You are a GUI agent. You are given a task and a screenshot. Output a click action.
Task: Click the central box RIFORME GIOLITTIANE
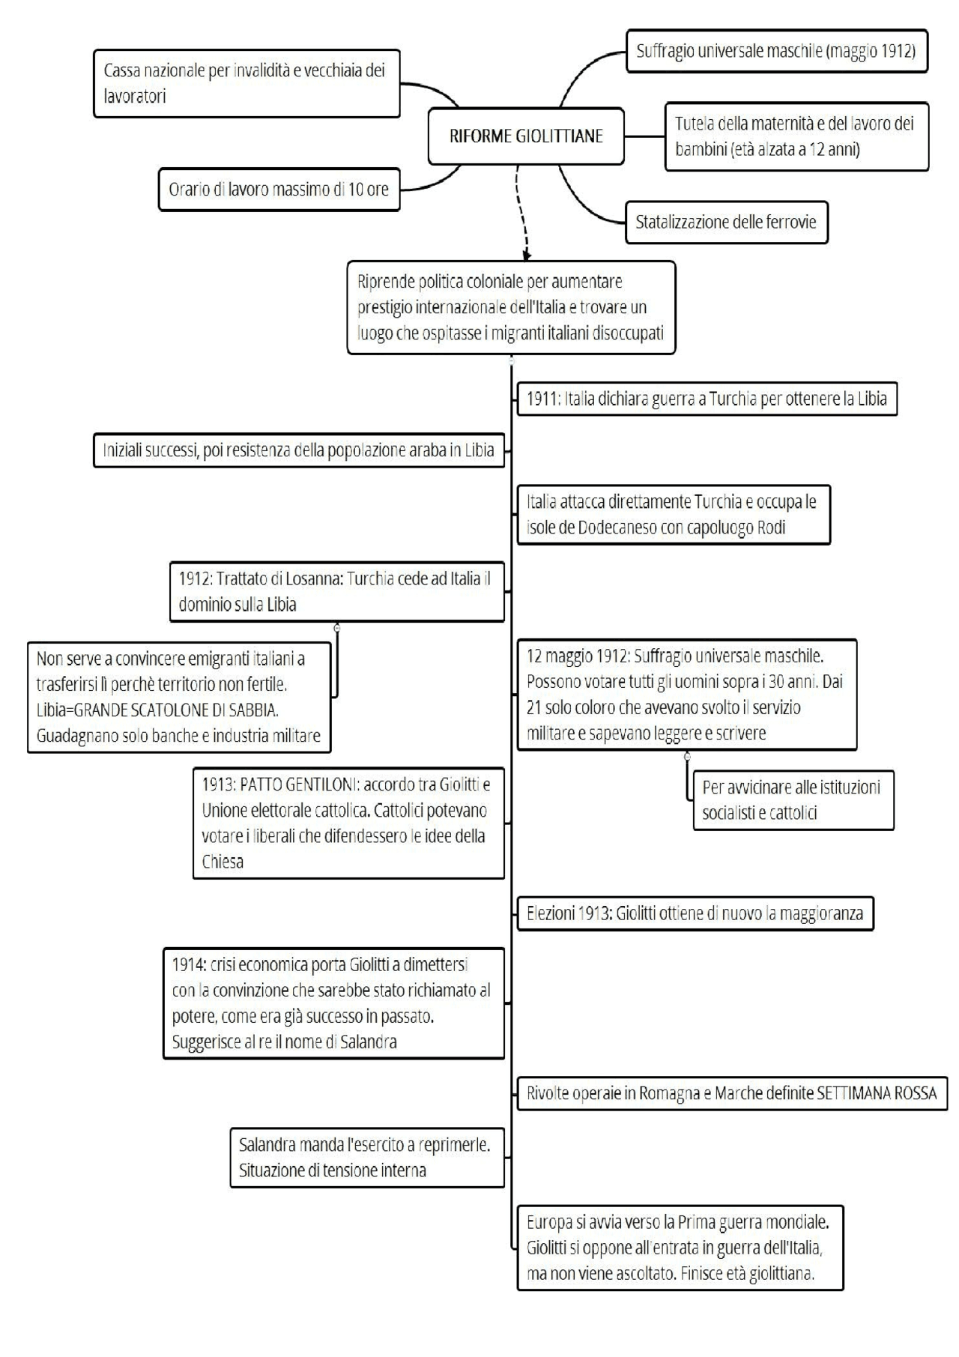[526, 136]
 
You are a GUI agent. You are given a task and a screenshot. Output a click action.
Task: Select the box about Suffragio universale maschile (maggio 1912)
[776, 51]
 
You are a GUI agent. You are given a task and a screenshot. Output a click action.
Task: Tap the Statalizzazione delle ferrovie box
[726, 222]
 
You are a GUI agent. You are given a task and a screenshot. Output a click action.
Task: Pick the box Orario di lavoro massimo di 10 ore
[279, 190]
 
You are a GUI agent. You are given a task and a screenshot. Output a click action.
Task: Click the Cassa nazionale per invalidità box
[246, 83]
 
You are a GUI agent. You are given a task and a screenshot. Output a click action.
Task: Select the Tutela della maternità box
[796, 136]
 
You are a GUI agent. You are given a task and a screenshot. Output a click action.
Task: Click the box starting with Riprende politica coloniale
[511, 307]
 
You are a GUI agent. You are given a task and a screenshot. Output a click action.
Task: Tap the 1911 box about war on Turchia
[707, 399]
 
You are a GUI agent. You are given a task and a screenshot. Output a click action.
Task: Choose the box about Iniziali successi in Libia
[298, 450]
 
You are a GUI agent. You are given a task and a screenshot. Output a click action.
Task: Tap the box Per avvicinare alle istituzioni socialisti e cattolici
[793, 800]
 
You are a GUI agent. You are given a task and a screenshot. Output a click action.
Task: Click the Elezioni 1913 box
[695, 914]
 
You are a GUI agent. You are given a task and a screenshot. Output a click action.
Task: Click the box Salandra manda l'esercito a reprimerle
[366, 1158]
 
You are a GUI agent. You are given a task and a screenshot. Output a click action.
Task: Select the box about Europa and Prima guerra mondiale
[680, 1248]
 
